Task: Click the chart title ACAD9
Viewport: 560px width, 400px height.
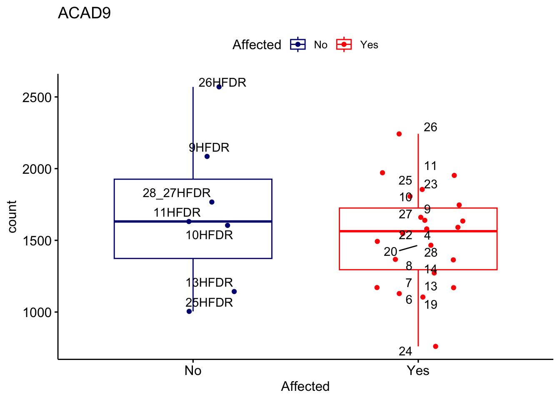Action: tap(84, 13)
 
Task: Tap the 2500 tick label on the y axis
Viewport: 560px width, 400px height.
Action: tap(37, 97)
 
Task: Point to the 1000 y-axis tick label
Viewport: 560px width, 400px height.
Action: tap(37, 312)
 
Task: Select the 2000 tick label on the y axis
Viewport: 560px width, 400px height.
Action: tap(37, 169)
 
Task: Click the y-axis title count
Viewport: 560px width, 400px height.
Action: tap(12, 216)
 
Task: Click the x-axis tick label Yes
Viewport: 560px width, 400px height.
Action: tap(418, 370)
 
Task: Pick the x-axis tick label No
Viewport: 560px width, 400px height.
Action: tap(193, 370)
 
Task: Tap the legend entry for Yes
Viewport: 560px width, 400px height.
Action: tap(357, 45)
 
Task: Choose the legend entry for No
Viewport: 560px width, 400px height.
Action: tap(309, 45)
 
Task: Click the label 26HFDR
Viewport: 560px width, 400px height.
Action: tap(222, 82)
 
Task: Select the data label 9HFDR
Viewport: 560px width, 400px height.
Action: tap(209, 147)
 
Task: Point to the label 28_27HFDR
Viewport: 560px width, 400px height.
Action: tap(177, 193)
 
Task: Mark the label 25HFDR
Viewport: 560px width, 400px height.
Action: tap(209, 302)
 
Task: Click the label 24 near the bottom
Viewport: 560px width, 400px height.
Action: tap(405, 352)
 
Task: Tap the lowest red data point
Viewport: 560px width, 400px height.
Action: tap(435, 346)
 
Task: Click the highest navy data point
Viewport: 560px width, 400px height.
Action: tap(219, 87)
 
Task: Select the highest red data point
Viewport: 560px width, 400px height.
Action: tap(399, 134)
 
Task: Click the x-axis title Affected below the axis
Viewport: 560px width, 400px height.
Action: tap(305, 386)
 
